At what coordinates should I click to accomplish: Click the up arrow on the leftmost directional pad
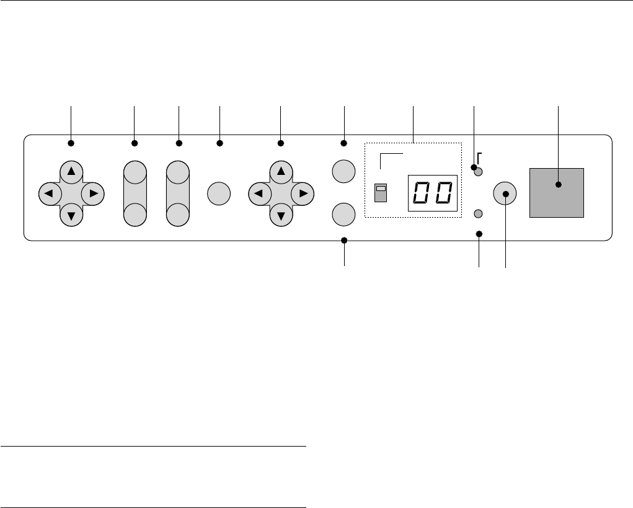pos(71,171)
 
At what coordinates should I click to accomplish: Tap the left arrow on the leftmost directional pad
pos(49,194)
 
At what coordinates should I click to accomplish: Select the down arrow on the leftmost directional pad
pos(71,215)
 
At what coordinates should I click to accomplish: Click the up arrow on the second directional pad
pos(281,171)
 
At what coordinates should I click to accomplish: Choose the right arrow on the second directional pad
pos(303,194)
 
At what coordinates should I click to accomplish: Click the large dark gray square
pos(557,192)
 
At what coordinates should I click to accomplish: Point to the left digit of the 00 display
pos(422,193)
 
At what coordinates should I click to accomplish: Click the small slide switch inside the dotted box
pos(381,193)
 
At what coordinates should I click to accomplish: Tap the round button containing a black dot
pos(505,194)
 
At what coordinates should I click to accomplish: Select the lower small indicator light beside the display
pos(478,213)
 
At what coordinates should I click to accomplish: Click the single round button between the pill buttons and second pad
pos(218,194)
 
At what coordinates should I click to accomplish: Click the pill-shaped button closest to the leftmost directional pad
pos(135,193)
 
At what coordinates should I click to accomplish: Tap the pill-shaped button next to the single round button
pos(178,193)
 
